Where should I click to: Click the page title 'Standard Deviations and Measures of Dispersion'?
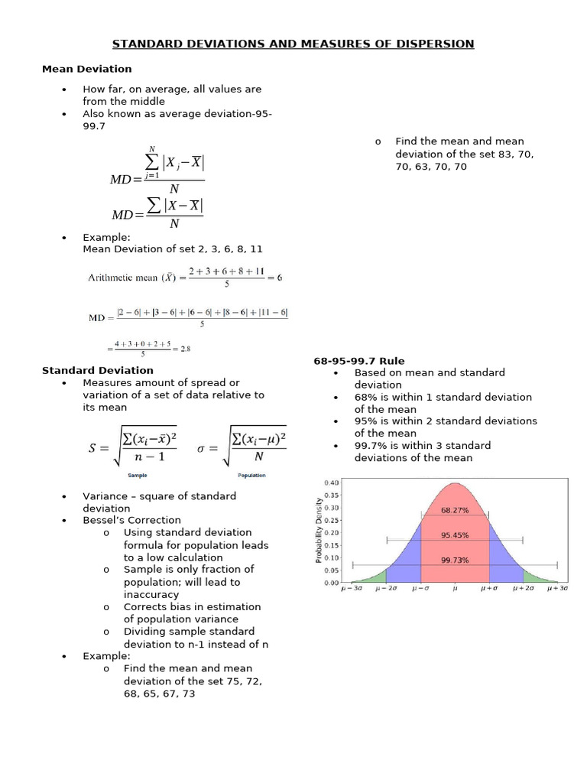(x=293, y=44)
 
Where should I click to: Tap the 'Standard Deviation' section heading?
(x=97, y=371)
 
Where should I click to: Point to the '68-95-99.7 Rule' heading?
(x=359, y=361)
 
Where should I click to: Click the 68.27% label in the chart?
(x=455, y=510)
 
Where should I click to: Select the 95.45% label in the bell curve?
(x=455, y=535)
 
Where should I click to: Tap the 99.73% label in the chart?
(x=455, y=560)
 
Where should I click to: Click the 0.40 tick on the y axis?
(x=332, y=483)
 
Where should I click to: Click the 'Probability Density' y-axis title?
(x=318, y=531)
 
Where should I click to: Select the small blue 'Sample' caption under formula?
(x=138, y=475)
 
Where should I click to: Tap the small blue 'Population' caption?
(x=251, y=475)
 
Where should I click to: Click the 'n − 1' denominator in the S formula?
(x=150, y=456)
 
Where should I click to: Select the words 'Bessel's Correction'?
(x=131, y=521)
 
